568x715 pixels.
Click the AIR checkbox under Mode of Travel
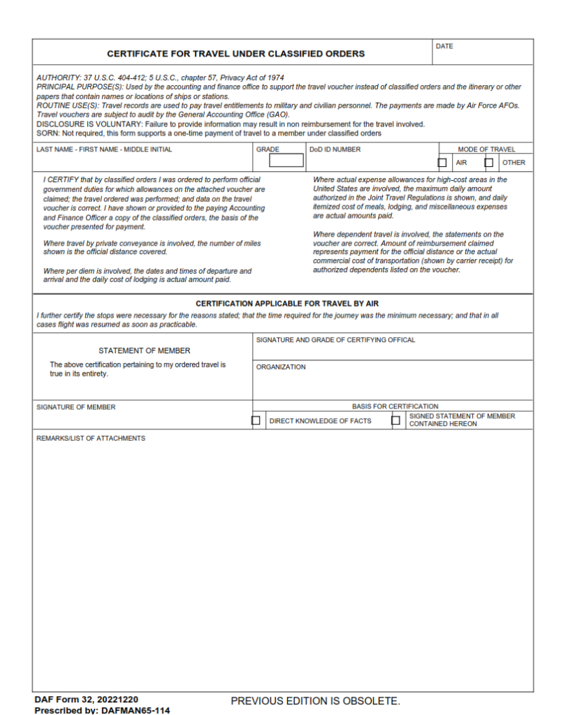(442, 163)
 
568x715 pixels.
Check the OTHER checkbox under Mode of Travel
(489, 163)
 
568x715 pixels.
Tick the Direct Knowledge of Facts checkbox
(256, 420)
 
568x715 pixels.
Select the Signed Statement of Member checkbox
(395, 420)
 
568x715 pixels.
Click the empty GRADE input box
(286, 161)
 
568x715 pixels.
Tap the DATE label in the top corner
(444, 47)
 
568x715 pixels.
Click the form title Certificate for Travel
(235, 54)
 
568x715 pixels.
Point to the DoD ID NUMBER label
(335, 149)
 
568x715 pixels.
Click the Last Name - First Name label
(104, 149)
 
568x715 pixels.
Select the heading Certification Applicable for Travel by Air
(286, 304)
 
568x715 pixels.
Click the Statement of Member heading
(144, 351)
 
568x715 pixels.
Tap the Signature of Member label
(76, 407)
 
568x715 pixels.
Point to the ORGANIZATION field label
(281, 367)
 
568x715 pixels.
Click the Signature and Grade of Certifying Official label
(335, 340)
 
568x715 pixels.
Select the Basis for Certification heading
(395, 406)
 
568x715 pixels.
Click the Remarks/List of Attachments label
(91, 438)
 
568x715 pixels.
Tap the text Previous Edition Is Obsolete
(315, 700)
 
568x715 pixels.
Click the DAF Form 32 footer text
(86, 700)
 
